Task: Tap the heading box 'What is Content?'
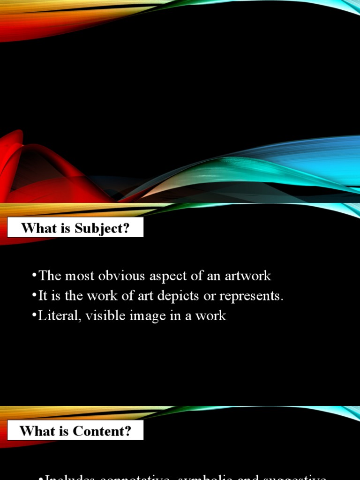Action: click(75, 430)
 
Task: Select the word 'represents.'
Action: click(253, 296)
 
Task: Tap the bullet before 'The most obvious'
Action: click(35, 276)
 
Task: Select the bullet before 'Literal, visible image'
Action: click(35, 315)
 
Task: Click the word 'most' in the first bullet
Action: click(80, 276)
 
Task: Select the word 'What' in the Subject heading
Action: click(35, 229)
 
